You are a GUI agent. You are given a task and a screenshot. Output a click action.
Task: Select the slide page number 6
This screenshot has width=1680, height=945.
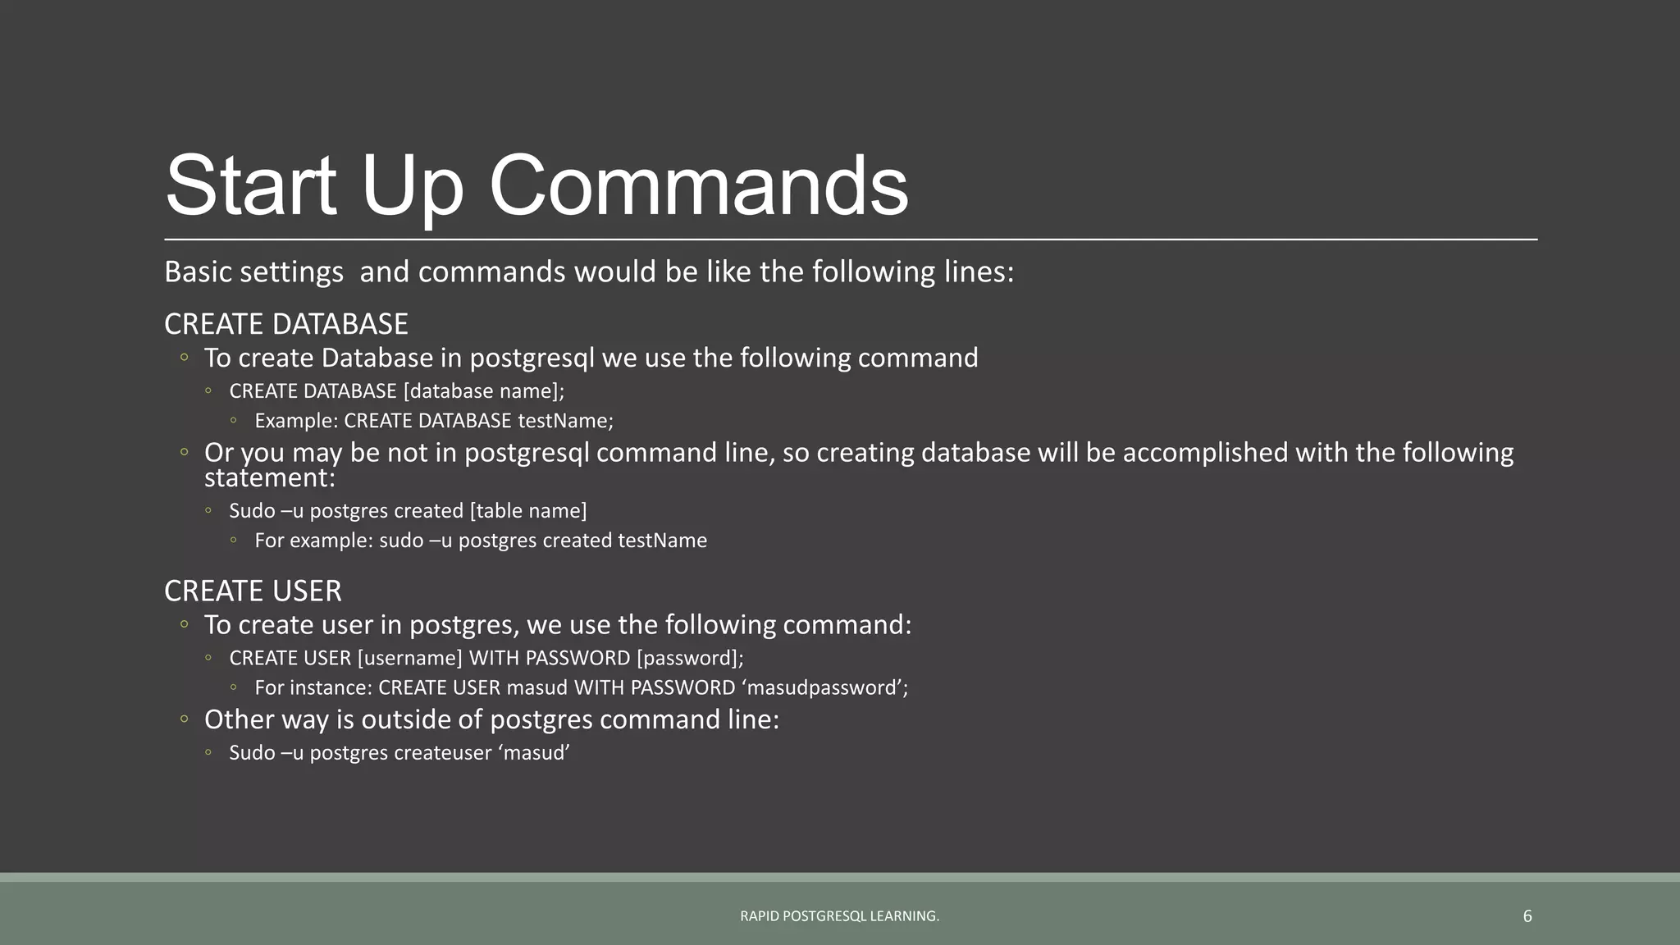tap(1527, 916)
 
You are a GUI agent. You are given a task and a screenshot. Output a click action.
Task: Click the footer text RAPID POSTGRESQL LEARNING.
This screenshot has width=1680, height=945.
tap(839, 916)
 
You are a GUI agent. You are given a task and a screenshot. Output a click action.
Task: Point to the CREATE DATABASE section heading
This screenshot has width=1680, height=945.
tap(285, 324)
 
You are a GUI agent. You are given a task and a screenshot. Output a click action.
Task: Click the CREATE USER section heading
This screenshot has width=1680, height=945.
tap(253, 591)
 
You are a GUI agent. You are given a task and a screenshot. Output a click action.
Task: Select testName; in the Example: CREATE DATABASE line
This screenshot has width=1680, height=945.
tap(565, 421)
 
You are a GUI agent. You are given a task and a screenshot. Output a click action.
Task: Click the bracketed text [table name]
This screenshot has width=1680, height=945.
tap(528, 511)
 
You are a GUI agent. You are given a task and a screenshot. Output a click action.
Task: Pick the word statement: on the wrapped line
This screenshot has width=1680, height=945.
tap(270, 478)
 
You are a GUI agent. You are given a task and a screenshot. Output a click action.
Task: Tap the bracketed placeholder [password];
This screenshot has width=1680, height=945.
tap(690, 658)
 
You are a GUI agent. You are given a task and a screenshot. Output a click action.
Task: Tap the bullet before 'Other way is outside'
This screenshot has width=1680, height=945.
tap(185, 719)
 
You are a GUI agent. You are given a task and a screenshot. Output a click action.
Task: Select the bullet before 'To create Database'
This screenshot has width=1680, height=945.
tap(185, 358)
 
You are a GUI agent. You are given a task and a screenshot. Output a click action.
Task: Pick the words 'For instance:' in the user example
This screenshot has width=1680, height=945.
tap(313, 687)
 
